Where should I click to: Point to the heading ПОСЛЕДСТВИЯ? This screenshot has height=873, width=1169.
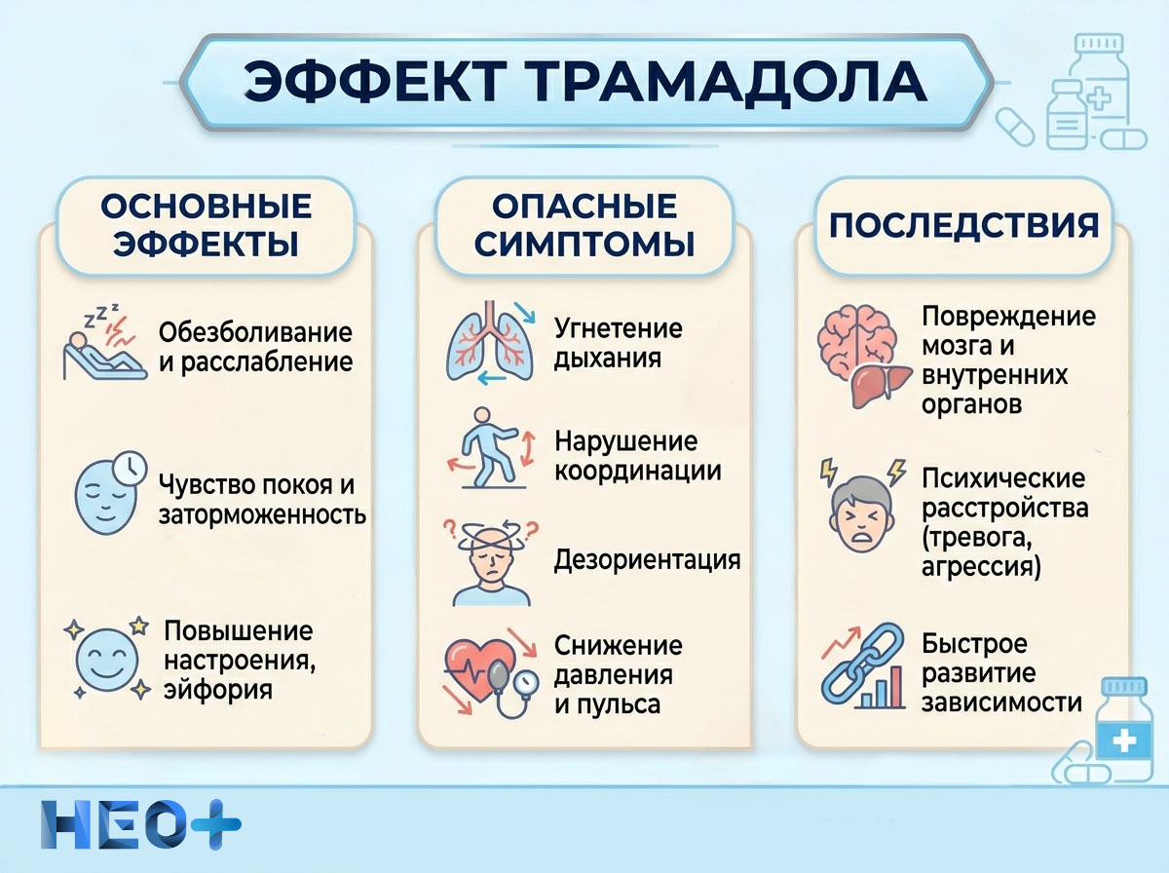(963, 225)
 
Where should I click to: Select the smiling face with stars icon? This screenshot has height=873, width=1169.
(108, 658)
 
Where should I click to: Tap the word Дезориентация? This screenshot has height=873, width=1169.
(647, 560)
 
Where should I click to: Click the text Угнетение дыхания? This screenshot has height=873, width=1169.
(618, 342)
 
